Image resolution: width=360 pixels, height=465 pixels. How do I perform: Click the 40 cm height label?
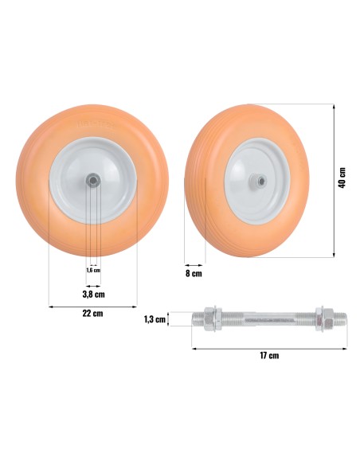coord(342,178)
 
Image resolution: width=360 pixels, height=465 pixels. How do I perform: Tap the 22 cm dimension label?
coord(93,314)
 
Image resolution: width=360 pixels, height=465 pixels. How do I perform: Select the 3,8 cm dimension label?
coord(93,294)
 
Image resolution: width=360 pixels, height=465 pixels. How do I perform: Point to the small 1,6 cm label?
coord(93,270)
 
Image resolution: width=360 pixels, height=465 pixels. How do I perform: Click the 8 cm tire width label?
coord(194,273)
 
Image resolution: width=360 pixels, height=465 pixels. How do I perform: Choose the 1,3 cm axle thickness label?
coord(155,319)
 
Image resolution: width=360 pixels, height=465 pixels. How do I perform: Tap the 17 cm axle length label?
coord(269,355)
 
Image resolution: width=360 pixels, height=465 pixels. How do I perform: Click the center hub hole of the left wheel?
coord(93,180)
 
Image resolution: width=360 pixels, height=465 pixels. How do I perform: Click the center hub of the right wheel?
coord(261,180)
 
